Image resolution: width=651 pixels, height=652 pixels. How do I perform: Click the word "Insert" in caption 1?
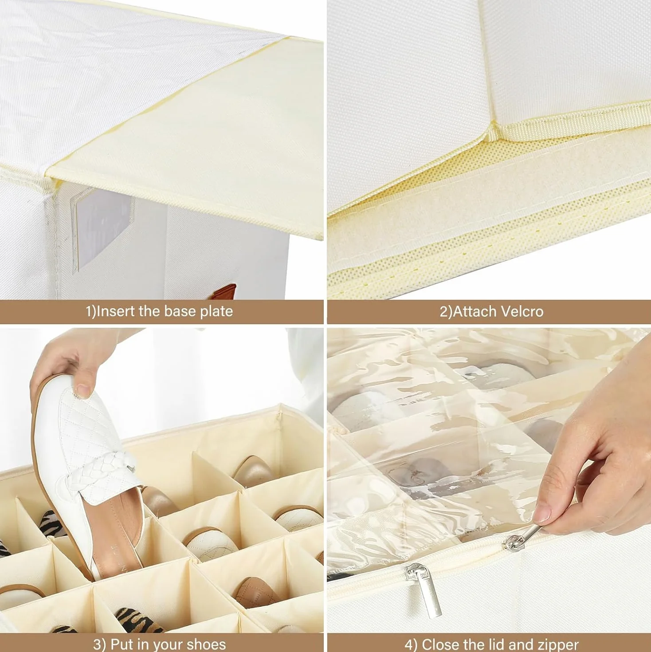(x=115, y=311)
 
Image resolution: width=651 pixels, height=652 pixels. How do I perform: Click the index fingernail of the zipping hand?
(x=542, y=515)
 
